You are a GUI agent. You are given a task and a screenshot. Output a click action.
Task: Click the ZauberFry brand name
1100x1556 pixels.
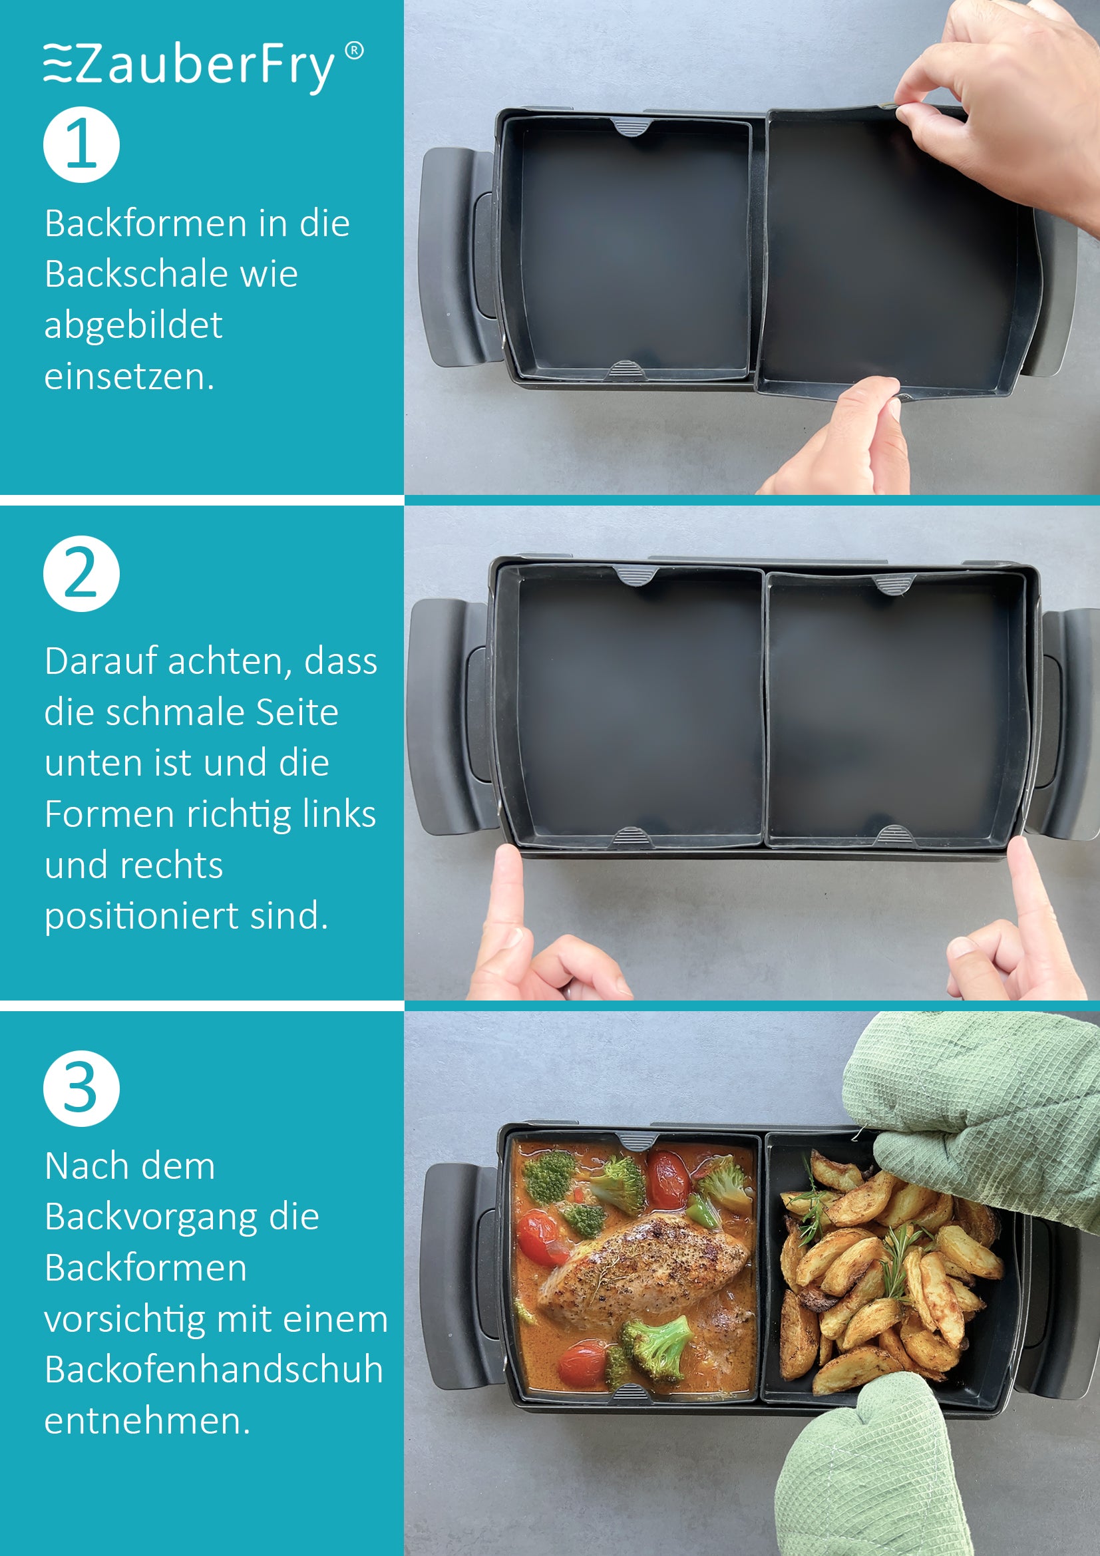[204, 67]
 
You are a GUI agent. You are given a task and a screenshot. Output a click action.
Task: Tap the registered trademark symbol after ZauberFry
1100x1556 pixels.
[354, 51]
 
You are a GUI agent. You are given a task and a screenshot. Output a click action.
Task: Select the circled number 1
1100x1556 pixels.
[81, 144]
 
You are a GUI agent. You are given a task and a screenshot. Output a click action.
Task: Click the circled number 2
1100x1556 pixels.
[81, 574]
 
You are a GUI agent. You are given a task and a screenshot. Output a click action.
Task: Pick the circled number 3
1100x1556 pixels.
[81, 1088]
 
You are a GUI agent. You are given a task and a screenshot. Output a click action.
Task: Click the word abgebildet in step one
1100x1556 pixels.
[134, 325]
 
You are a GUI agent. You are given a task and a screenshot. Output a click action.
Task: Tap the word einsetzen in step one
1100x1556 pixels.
[129, 377]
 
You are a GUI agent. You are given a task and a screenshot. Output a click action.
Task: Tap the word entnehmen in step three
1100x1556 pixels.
[147, 1420]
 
